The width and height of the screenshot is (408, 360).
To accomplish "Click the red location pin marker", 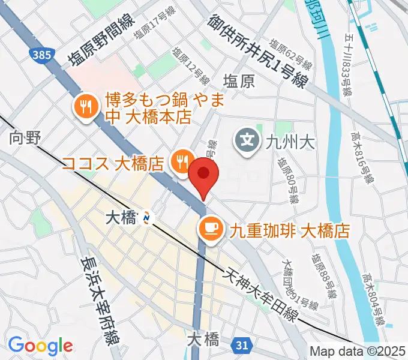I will click(204, 175).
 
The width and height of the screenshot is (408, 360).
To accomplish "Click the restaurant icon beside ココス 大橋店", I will click(181, 161).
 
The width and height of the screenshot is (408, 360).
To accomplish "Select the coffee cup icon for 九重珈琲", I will click(209, 227).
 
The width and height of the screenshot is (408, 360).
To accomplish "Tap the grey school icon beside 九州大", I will click(247, 142).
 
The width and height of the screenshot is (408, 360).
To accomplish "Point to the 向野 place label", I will click(25, 139).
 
